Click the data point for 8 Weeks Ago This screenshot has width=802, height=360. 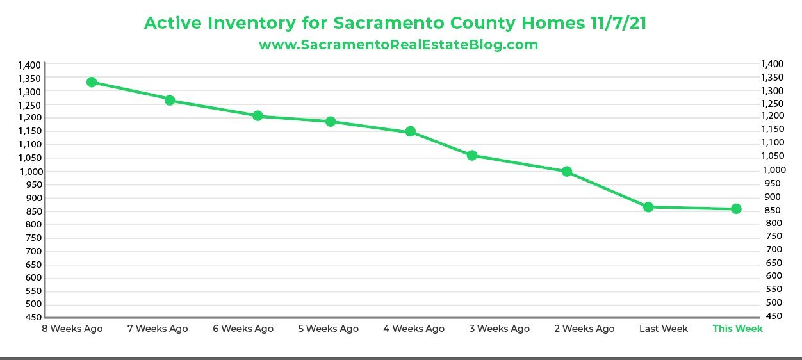(92, 82)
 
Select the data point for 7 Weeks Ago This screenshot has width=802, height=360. (170, 101)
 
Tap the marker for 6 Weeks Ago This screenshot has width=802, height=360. (258, 116)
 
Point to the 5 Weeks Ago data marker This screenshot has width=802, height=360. (331, 122)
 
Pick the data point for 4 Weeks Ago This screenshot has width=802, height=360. (411, 132)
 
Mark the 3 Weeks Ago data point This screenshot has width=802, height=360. (472, 156)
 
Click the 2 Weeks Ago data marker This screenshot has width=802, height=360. (566, 172)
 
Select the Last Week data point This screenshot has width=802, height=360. (648, 207)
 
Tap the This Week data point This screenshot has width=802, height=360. (736, 209)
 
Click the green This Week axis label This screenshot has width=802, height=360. (737, 329)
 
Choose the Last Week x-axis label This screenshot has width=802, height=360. (664, 329)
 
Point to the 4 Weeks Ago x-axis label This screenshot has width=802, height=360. (414, 329)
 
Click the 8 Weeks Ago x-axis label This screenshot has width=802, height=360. (72, 329)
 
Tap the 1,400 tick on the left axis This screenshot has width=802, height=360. (29, 65)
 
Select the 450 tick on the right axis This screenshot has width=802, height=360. (773, 316)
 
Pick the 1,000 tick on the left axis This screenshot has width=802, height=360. (29, 171)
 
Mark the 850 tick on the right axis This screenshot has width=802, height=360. (773, 210)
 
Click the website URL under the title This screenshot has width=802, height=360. (398, 45)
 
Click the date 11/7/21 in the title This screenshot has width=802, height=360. (616, 23)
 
